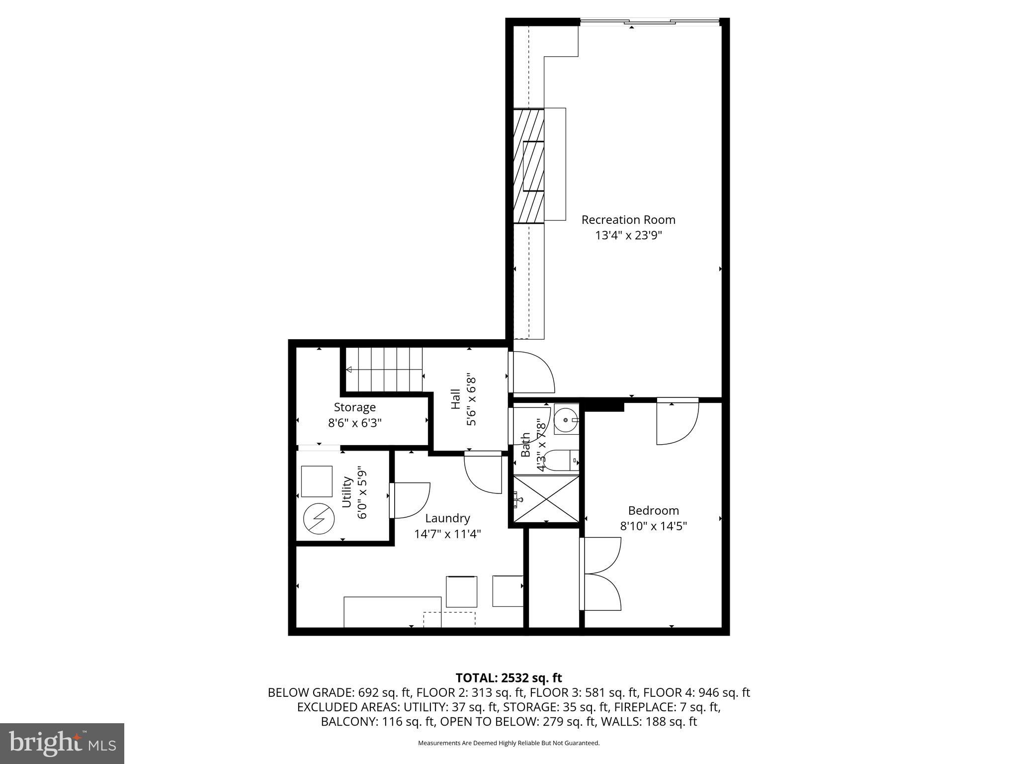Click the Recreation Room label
point(628,219)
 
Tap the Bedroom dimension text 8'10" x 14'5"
point(653,526)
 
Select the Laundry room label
point(447,518)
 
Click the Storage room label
point(354,407)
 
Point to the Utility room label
point(347,492)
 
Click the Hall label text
point(456,399)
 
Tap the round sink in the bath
point(565,420)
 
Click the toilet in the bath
point(559,461)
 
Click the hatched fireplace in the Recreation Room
point(529,166)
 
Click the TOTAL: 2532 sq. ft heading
point(509,678)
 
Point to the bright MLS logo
point(62,743)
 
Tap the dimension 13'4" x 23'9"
point(629,235)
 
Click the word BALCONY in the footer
point(349,722)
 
